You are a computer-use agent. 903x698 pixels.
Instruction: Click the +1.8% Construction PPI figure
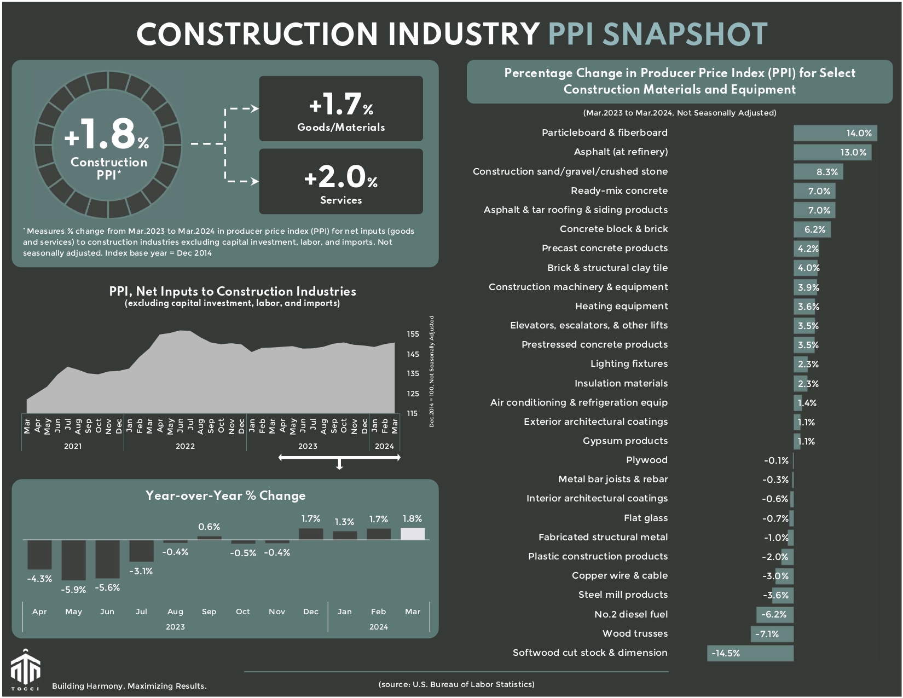[107, 134]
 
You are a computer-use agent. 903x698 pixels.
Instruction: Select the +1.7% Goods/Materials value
[340, 104]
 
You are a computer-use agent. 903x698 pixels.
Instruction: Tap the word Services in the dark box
[341, 200]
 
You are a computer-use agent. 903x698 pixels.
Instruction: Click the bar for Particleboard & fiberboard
[835, 133]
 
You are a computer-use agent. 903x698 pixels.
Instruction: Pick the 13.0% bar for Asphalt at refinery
[832, 152]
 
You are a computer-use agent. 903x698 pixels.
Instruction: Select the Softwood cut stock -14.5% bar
[750, 653]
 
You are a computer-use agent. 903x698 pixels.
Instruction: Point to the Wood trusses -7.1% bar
[772, 634]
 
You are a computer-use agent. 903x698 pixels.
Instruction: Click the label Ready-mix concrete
[619, 191]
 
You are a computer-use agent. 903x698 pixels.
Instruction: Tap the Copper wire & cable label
[620, 575]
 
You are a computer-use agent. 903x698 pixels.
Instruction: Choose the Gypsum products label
[625, 441]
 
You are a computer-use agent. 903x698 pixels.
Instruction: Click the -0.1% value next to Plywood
[776, 460]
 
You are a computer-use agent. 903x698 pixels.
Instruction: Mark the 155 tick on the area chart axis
[413, 334]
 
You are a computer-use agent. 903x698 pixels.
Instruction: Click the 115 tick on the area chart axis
[413, 413]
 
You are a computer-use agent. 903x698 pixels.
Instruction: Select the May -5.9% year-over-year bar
[73, 559]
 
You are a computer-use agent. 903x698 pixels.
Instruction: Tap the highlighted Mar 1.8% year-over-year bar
[413, 534]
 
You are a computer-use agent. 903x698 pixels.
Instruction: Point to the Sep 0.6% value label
[209, 527]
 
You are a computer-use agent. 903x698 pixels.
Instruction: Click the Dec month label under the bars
[311, 612]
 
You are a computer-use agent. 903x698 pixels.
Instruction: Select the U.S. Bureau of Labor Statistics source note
[456, 684]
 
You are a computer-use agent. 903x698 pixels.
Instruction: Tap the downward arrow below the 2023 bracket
[339, 465]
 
